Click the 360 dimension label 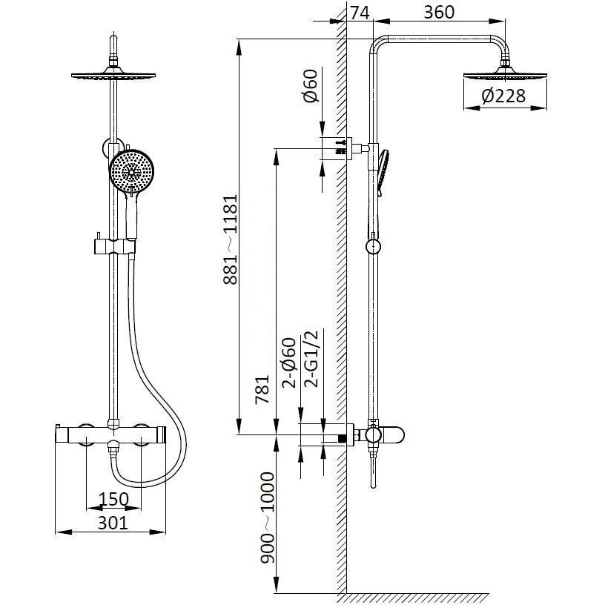pos(439,12)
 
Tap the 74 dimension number pos(360,12)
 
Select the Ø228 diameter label pos(503,96)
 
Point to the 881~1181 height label pos(231,239)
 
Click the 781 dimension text pos(262,389)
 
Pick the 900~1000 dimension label pos(267,518)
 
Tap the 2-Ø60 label pos(289,363)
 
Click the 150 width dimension pos(113,499)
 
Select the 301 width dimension pos(112,523)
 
